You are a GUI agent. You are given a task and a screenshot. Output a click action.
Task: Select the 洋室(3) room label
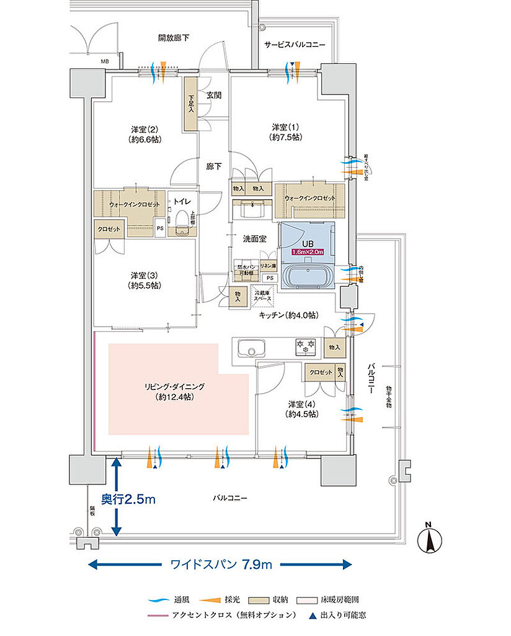pyautogui.click(x=144, y=280)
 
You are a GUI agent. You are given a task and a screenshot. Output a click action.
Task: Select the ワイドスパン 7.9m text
pyautogui.click(x=220, y=565)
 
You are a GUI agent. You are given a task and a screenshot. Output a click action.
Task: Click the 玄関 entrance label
pyautogui.click(x=214, y=95)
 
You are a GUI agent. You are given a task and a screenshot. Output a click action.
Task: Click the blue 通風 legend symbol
pyautogui.click(x=158, y=601)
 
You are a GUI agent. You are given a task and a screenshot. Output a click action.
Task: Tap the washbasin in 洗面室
pyautogui.click(x=252, y=210)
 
